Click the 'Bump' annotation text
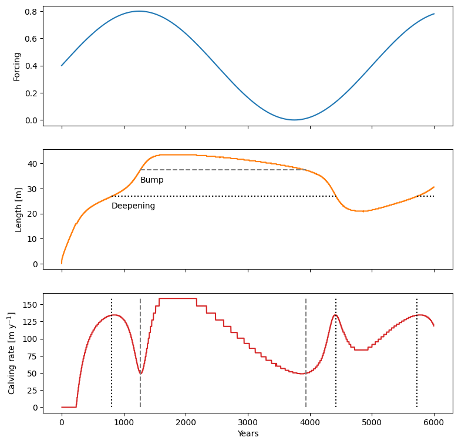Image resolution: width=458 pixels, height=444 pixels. point(151,180)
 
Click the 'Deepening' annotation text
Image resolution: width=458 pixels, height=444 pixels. point(133,206)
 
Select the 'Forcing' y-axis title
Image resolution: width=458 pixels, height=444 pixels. point(18,66)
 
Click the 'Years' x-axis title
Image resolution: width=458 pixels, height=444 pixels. point(248,434)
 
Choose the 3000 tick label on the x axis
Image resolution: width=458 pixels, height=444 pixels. point(248,421)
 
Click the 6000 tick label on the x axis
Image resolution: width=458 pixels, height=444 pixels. point(434,421)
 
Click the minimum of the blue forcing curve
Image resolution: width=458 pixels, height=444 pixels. point(294,120)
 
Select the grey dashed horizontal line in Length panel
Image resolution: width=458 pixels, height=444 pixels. point(223,170)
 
